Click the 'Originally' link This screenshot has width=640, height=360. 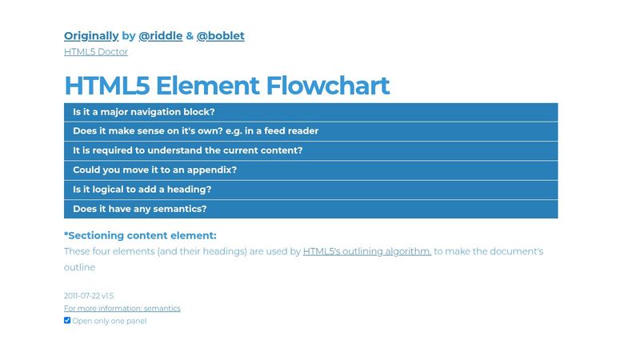click(x=91, y=36)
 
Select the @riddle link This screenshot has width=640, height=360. click(x=160, y=36)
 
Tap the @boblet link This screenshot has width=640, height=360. click(x=220, y=36)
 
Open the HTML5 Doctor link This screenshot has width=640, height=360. click(x=96, y=52)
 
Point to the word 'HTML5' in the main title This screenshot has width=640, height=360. click(x=106, y=86)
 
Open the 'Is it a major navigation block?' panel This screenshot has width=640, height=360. click(x=310, y=112)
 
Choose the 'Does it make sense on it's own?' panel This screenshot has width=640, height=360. click(x=310, y=131)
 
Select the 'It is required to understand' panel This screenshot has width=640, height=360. click(x=310, y=150)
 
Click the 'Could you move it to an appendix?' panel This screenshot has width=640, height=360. click(x=310, y=170)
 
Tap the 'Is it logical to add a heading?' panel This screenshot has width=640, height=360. click(x=310, y=190)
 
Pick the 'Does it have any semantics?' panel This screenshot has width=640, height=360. click(x=310, y=209)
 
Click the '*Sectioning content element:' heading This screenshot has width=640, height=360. click(x=140, y=236)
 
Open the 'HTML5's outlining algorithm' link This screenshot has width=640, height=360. click(x=366, y=251)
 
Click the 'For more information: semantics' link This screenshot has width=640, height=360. click(x=122, y=308)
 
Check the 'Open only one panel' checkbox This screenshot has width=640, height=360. click(x=67, y=321)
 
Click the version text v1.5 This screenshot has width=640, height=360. click(x=107, y=296)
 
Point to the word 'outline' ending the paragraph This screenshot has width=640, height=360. click(x=79, y=268)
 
